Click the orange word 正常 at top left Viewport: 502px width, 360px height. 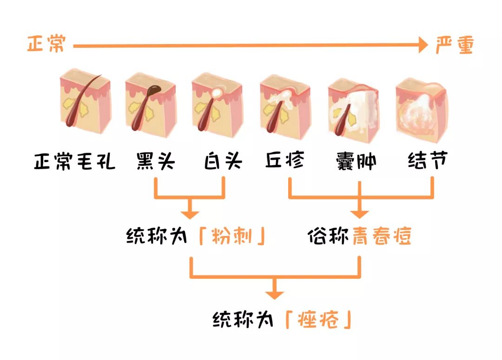[x=46, y=45]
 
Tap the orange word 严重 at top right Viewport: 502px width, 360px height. [x=454, y=45]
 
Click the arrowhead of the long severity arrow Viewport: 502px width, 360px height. [x=423, y=46]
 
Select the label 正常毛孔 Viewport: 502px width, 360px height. [x=74, y=161]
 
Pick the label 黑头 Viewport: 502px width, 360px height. [x=155, y=161]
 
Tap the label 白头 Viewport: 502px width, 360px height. [x=224, y=161]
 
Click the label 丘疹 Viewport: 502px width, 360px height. [x=285, y=161]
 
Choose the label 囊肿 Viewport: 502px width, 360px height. [x=357, y=161]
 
